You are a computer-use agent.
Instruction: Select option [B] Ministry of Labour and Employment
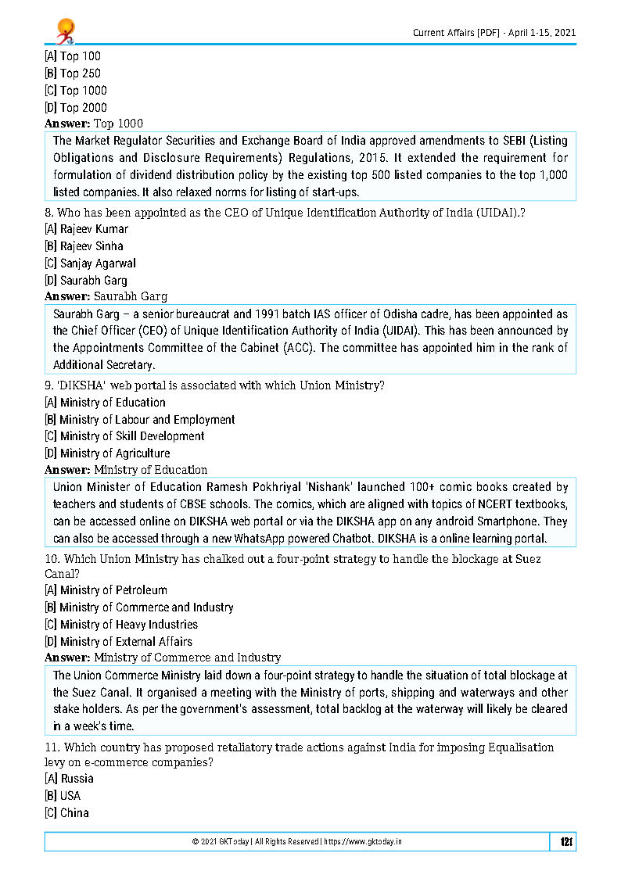click(x=139, y=420)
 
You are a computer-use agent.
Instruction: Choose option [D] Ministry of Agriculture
click(x=107, y=453)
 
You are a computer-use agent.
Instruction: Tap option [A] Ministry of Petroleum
click(x=106, y=590)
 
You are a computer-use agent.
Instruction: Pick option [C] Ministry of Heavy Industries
click(x=120, y=625)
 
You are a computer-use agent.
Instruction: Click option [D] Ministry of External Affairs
click(x=118, y=642)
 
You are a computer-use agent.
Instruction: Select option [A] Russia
click(x=69, y=779)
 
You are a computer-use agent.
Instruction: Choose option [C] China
click(x=66, y=813)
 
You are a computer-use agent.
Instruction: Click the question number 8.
click(x=48, y=213)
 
